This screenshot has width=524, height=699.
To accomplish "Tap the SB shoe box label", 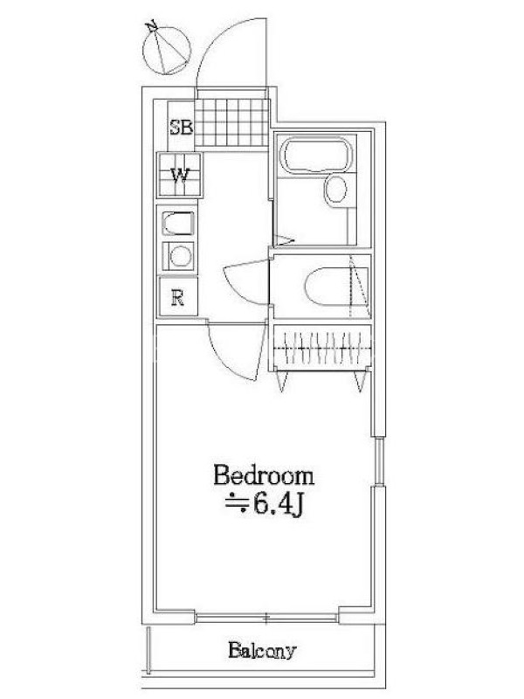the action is pyautogui.click(x=181, y=128).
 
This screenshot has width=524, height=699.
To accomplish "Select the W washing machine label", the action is pyautogui.click(x=180, y=175).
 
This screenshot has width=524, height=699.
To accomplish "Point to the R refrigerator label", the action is pyautogui.click(x=178, y=297).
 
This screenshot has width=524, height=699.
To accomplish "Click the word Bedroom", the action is pyautogui.click(x=264, y=475).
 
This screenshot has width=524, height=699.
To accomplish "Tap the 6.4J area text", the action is pyautogui.click(x=265, y=505).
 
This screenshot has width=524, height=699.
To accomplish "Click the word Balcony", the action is pyautogui.click(x=262, y=650).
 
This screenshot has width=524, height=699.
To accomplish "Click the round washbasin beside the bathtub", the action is pyautogui.click(x=335, y=190).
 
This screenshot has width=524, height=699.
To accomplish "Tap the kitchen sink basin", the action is pyautogui.click(x=178, y=224).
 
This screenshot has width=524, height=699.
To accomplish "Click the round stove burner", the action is pyautogui.click(x=181, y=256).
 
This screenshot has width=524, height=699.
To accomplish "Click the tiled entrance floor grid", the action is pyautogui.click(x=232, y=122).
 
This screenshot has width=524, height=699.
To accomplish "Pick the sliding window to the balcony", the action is pyautogui.click(x=266, y=618).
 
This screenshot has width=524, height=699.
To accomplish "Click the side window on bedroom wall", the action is pyautogui.click(x=379, y=461).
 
